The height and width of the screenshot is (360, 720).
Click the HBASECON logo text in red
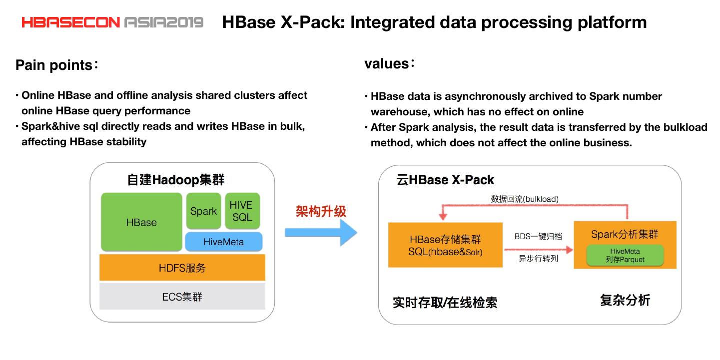[70, 22]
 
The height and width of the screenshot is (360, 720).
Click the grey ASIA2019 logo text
[164, 22]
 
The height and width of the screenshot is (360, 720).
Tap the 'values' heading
[387, 64]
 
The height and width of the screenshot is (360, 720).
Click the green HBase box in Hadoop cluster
[141, 222]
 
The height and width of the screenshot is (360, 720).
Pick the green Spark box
[203, 211]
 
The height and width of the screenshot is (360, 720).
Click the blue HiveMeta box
[224, 242]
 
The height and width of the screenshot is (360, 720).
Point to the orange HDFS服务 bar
[182, 268]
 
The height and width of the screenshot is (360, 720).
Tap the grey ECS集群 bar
[182, 297]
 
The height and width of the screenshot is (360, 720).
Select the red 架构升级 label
[321, 211]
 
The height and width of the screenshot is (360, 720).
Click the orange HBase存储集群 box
[445, 245]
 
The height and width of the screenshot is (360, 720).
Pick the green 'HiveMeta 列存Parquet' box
[625, 255]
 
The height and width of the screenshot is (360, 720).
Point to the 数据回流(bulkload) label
[525, 199]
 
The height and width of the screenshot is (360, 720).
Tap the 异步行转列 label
[538, 259]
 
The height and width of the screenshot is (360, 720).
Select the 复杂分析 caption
[625, 300]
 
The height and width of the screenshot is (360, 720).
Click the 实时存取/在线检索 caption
[445, 303]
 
